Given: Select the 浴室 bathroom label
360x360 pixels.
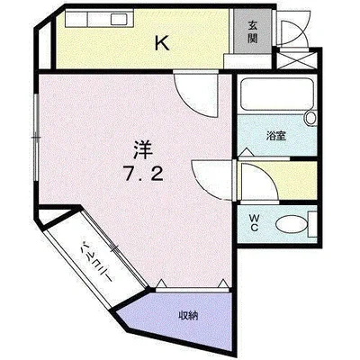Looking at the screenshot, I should pos(275,136).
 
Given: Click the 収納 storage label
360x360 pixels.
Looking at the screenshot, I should pos(188,314).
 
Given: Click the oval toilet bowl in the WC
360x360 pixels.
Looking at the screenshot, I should pos(289,224).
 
